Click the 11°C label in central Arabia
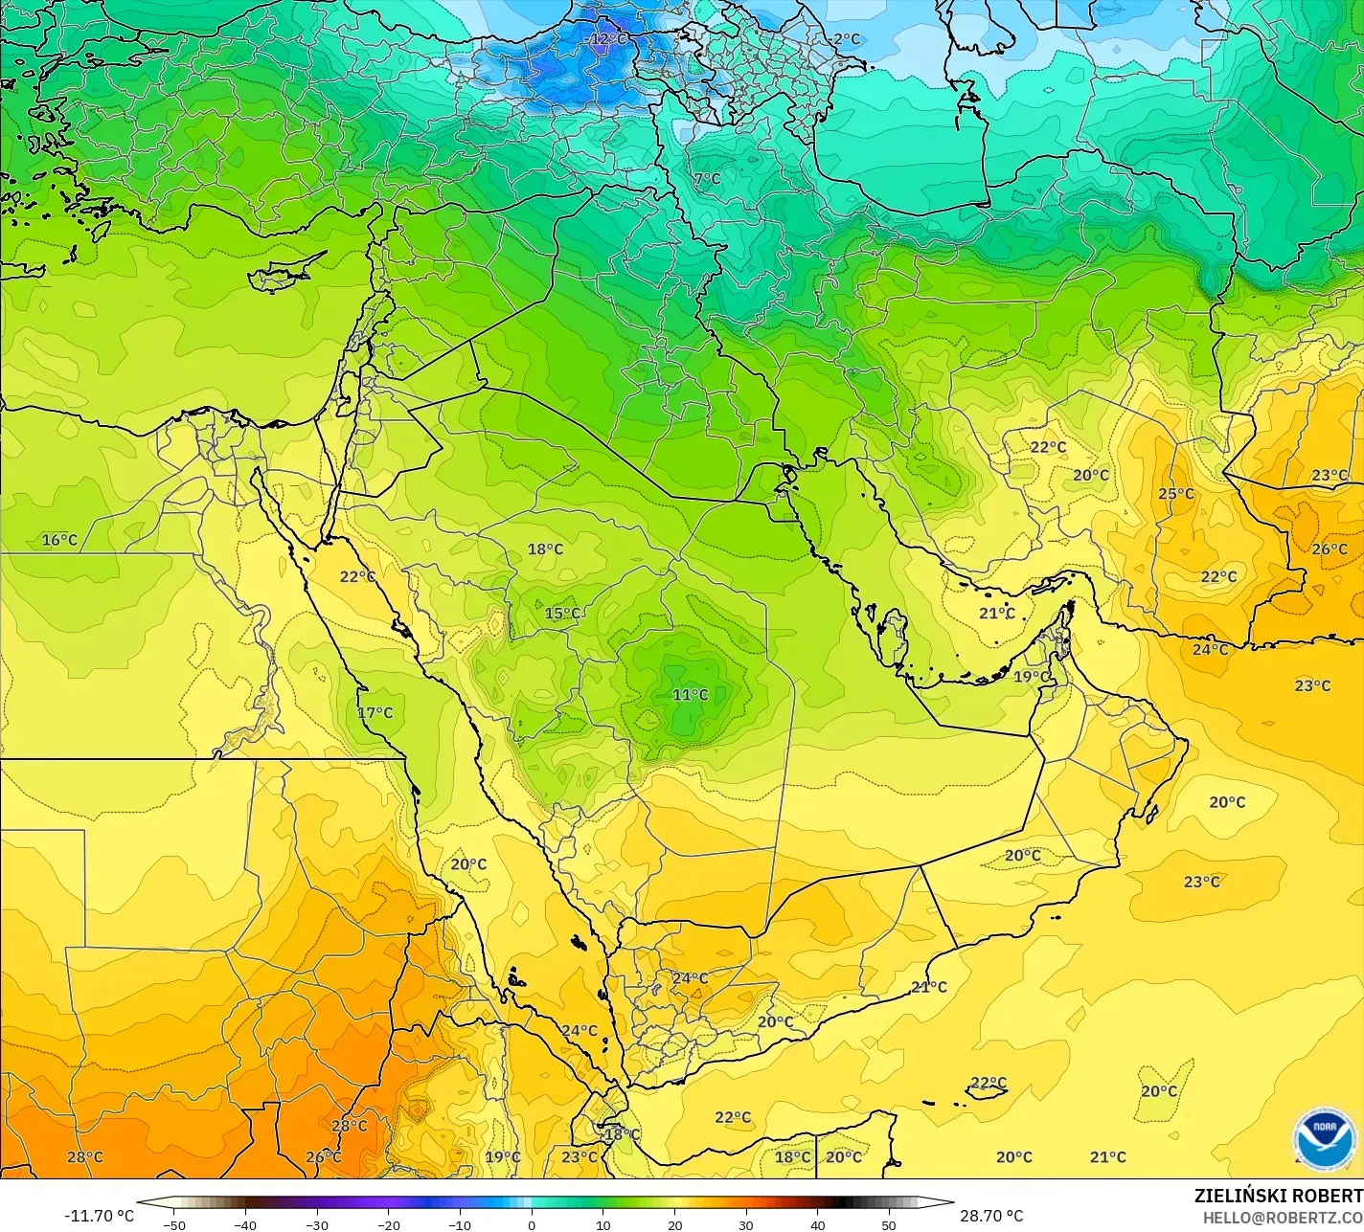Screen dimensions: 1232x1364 [690, 695]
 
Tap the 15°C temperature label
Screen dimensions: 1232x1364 [562, 614]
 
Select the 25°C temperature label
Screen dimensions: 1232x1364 [1176, 494]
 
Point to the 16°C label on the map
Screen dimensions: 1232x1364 [59, 540]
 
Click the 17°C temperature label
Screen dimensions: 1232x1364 [375, 712]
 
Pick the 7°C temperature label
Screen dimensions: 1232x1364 [707, 179]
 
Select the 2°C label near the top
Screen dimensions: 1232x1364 [846, 39]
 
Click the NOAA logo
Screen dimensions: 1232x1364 [1325, 1138]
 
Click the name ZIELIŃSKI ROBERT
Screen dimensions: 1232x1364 [1278, 1196]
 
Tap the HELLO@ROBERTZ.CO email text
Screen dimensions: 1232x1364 [1283, 1217]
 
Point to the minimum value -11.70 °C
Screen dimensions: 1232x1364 [99, 1216]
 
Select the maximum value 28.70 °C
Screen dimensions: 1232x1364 [991, 1216]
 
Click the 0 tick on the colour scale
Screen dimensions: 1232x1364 [532, 1224]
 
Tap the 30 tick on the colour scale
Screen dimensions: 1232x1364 [746, 1224]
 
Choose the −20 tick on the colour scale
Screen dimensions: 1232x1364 [388, 1224]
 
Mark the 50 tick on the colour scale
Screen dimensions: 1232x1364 [889, 1224]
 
